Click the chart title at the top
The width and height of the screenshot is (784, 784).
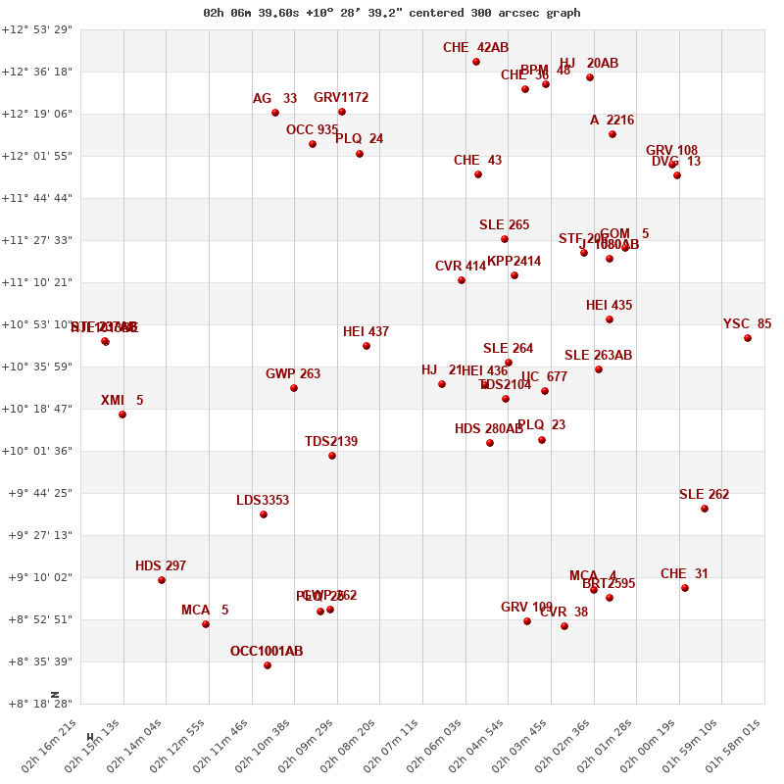tap(392, 13)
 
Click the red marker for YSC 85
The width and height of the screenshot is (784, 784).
tap(748, 338)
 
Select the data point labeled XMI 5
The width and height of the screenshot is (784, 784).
tap(122, 415)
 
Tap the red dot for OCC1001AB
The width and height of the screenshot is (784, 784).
tap(268, 665)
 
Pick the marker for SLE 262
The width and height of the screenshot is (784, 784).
tap(705, 509)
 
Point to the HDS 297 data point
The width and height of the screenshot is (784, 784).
tap(162, 580)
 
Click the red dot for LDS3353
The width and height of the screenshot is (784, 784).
tap(264, 514)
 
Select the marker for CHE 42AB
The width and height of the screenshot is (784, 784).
tap(476, 62)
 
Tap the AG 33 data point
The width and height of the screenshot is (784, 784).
tap(275, 113)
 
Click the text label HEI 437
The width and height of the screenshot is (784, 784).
tap(366, 332)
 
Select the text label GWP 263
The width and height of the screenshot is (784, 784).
tap(293, 374)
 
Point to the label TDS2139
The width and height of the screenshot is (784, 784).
tap(331, 442)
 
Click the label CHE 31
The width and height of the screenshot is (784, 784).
tap(684, 574)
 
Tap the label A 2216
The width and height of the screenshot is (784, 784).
tap(612, 121)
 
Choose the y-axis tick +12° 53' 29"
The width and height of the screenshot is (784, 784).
tap(37, 29)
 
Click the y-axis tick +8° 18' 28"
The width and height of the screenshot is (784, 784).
tap(37, 704)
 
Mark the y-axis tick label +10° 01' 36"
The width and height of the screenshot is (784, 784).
tap(37, 451)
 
